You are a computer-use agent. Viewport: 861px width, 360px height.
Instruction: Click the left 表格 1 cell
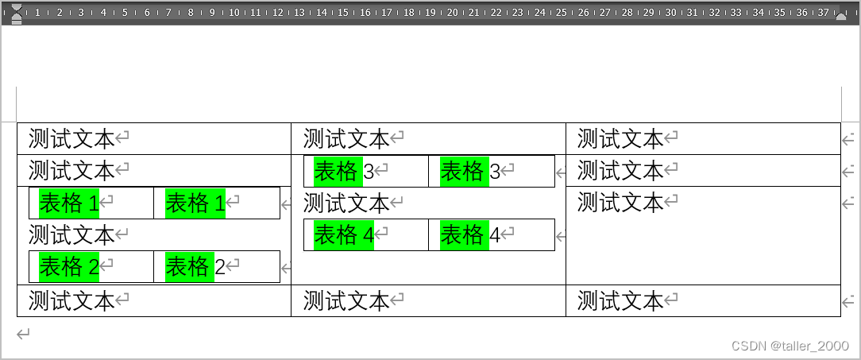69,203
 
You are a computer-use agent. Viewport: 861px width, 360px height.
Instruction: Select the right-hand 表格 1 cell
195,203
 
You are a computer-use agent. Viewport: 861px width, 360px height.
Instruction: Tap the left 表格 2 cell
69,267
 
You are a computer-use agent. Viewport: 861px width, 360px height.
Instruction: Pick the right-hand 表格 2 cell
195,267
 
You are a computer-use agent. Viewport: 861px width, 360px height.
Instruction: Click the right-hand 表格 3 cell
470,171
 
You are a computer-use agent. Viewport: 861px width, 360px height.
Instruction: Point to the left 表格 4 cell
344,234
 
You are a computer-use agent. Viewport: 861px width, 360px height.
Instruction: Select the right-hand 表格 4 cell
470,234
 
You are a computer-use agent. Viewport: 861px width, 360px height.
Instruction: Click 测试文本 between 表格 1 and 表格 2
71,234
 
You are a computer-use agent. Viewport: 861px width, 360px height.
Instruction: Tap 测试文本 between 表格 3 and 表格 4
346,203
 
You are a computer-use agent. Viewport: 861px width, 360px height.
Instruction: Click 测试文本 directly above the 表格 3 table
346,139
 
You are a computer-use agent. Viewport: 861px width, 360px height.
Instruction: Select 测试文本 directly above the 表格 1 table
71,170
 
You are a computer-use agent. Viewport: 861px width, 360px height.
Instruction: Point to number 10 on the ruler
234,13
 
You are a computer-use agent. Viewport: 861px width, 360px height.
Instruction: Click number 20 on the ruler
452,13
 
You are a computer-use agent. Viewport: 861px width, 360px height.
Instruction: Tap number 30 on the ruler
670,13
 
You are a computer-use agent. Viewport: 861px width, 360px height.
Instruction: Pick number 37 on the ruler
823,13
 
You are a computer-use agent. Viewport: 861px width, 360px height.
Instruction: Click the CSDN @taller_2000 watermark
790,346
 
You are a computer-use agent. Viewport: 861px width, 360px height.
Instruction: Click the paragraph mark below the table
24,334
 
